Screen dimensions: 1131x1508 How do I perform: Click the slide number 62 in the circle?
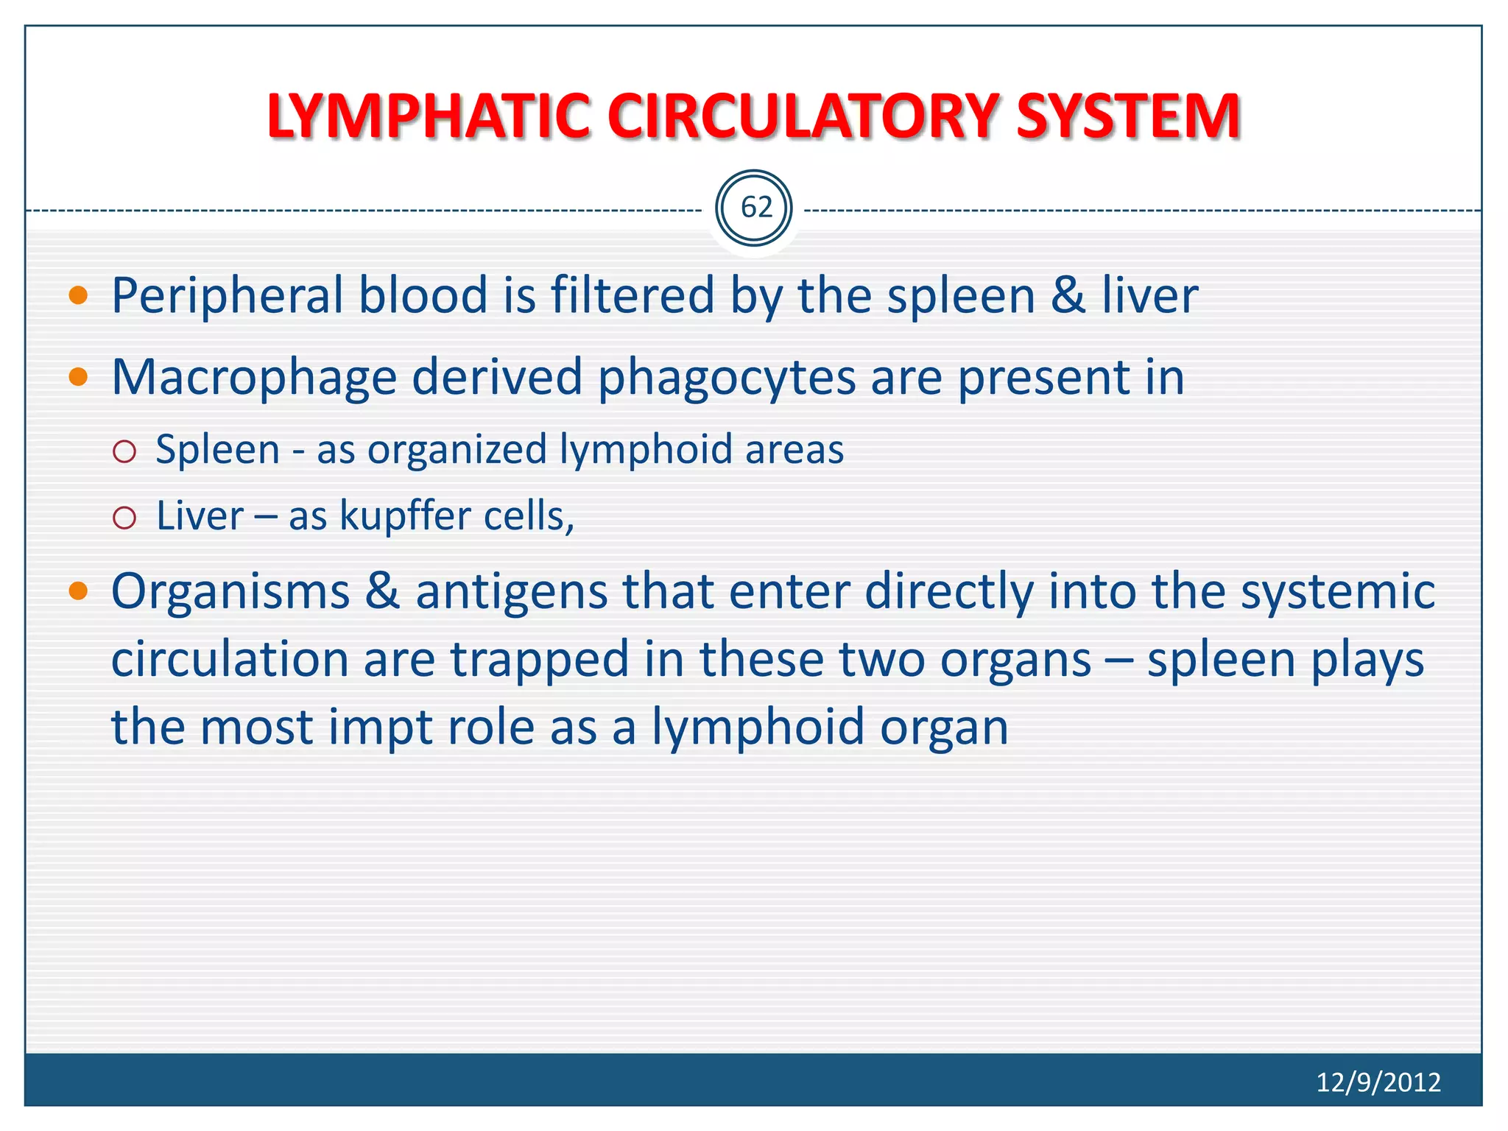click(x=755, y=208)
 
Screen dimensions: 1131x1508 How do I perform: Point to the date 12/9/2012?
click(x=1378, y=1082)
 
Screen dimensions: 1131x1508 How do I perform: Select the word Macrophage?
click(x=254, y=378)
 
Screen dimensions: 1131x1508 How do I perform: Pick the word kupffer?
click(x=404, y=516)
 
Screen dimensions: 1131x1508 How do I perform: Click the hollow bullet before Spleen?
click(x=125, y=451)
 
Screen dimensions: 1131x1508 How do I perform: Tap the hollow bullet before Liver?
click(x=125, y=518)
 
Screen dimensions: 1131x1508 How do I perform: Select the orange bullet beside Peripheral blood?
click(x=78, y=296)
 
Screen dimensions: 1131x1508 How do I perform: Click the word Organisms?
click(x=230, y=592)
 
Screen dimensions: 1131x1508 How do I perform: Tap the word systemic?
click(x=1337, y=592)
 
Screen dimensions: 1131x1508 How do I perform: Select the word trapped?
click(x=539, y=660)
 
